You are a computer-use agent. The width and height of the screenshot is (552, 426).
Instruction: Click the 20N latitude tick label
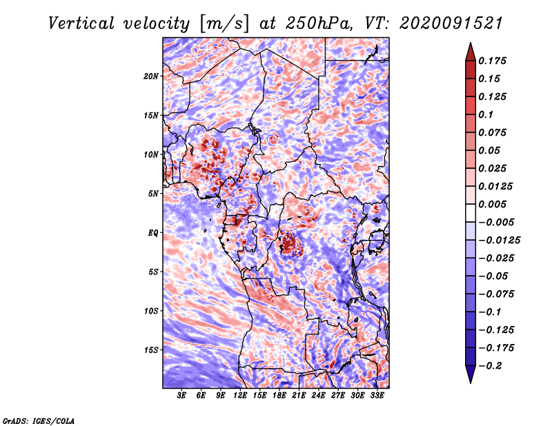pyautogui.click(x=151, y=76)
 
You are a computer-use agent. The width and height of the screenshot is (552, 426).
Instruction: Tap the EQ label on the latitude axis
pyautogui.click(x=153, y=233)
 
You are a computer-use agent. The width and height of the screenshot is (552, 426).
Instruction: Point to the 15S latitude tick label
pyautogui.click(x=151, y=350)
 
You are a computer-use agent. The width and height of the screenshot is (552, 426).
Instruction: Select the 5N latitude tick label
pyautogui.click(x=153, y=194)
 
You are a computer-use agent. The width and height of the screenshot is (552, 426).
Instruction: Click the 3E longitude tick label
pyautogui.click(x=181, y=396)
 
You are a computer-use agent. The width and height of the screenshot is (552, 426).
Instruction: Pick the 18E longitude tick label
pyautogui.click(x=279, y=396)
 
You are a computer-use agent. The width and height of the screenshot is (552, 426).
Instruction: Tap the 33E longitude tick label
pyautogui.click(x=377, y=396)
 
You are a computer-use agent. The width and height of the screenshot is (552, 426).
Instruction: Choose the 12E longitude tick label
pyautogui.click(x=240, y=396)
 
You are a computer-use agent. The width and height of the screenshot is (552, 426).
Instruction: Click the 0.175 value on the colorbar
pyautogui.click(x=492, y=61)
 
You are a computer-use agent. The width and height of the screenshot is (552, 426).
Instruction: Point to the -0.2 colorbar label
pyautogui.click(x=490, y=366)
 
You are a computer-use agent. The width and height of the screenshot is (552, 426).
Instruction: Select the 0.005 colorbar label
pyautogui.click(x=492, y=204)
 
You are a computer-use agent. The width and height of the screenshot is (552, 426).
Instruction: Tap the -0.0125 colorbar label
pyautogui.click(x=499, y=241)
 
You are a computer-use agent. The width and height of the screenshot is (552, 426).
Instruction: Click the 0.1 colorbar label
pyautogui.click(x=486, y=114)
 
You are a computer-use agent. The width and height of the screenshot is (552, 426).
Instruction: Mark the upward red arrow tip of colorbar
pyautogui.click(x=471, y=43)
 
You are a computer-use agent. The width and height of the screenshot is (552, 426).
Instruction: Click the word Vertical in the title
pyautogui.click(x=81, y=23)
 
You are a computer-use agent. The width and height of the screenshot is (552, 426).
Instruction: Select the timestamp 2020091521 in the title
pyautogui.click(x=451, y=23)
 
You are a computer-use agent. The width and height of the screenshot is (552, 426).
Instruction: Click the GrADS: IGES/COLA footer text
pyautogui.click(x=39, y=420)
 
